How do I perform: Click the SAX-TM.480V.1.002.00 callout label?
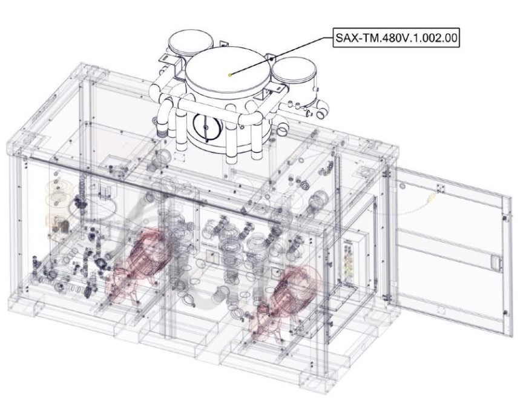[x=396, y=38]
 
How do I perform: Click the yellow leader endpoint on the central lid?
[x=230, y=75]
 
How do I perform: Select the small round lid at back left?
[x=191, y=44]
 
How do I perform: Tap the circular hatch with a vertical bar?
[x=206, y=127]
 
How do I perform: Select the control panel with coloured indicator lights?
[x=349, y=263]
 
